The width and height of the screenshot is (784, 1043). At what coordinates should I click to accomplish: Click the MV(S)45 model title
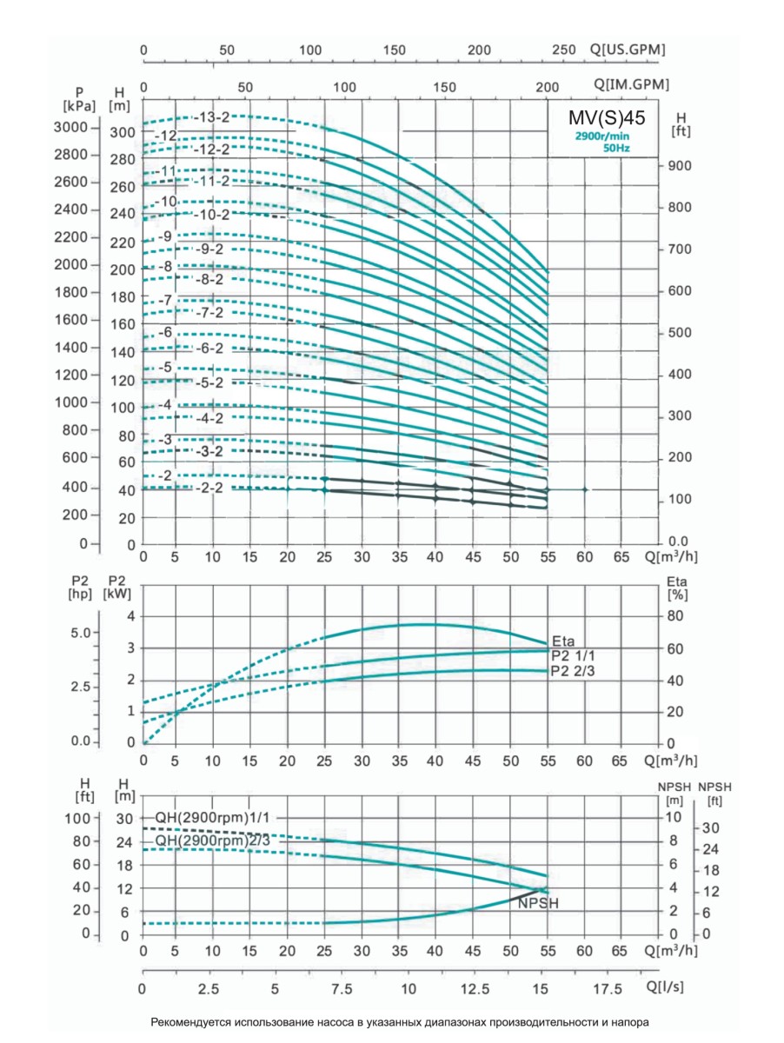[x=601, y=118]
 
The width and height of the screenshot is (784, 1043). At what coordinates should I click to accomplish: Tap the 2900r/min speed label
[x=601, y=136]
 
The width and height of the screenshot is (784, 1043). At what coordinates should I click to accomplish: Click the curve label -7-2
[x=210, y=312]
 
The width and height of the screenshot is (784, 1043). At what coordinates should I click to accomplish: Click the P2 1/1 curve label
[x=575, y=655]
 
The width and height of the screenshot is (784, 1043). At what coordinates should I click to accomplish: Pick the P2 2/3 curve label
[x=575, y=671]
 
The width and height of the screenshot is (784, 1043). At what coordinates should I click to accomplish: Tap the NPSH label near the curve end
[x=537, y=904]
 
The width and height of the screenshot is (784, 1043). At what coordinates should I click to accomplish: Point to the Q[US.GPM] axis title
[x=627, y=50]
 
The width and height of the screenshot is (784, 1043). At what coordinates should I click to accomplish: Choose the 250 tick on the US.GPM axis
[x=564, y=50]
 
